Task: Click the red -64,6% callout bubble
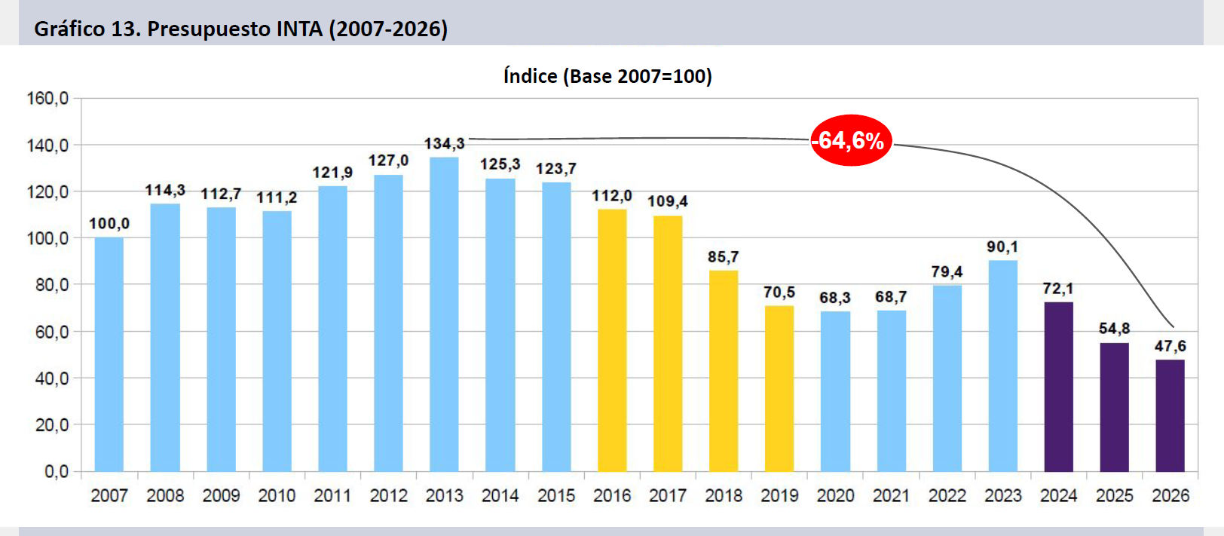[851, 140]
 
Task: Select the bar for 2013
[444, 314]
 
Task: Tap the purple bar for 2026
[1170, 415]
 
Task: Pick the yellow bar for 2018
[724, 371]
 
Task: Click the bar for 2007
[109, 354]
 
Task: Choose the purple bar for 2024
[1058, 387]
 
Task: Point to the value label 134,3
[444, 143]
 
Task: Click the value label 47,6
[1170, 346]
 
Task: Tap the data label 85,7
[724, 257]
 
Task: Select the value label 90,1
[1002, 247]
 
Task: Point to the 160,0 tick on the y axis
[47, 98]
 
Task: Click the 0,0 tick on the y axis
[57, 472]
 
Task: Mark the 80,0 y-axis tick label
[52, 285]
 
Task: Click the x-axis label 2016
[612, 495]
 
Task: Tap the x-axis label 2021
[891, 495]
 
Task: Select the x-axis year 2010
[277, 495]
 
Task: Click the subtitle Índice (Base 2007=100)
[607, 76]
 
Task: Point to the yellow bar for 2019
[779, 388]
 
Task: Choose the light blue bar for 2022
[947, 378]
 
